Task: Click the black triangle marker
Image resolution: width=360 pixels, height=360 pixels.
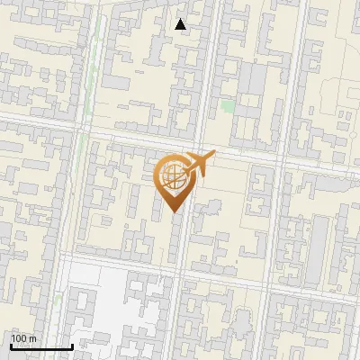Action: [x=181, y=24]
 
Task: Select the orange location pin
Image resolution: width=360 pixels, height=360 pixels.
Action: [x=175, y=180]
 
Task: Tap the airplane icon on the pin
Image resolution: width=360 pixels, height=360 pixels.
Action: [x=198, y=164]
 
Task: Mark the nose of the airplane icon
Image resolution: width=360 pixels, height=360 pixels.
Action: [x=214, y=153]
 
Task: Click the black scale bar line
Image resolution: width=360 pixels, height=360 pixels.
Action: [x=41, y=346]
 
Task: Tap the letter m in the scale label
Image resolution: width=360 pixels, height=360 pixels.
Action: [x=33, y=338]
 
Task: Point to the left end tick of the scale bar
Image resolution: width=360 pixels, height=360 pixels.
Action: [x=11, y=345]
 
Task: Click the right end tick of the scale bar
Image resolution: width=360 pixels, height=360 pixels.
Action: [x=72, y=345]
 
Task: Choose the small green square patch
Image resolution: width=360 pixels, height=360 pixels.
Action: [x=229, y=106]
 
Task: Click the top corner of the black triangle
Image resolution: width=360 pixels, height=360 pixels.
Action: [x=181, y=19]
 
